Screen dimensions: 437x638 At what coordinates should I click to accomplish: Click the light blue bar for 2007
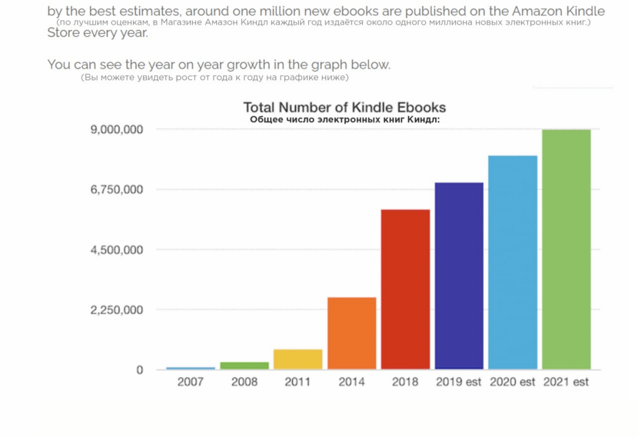(x=191, y=368)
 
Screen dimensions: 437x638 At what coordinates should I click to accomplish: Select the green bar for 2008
(x=245, y=365)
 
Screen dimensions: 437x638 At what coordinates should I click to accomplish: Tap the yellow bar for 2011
(x=298, y=359)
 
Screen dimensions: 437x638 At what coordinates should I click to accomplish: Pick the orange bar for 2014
(x=352, y=333)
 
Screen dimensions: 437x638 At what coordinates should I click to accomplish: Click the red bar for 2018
(x=405, y=289)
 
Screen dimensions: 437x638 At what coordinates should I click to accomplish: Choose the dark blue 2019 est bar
(x=459, y=276)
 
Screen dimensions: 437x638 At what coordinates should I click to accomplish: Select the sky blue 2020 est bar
(x=513, y=262)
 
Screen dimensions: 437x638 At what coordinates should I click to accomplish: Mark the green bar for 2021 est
(x=566, y=249)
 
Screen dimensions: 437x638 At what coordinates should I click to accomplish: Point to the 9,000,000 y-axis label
(x=117, y=129)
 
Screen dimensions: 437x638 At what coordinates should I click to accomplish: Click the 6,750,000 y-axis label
(x=117, y=189)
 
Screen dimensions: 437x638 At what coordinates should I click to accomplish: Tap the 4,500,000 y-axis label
(x=117, y=250)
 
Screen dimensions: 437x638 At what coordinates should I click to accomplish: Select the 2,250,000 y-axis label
(x=117, y=310)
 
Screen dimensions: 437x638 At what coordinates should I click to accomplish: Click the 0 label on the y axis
(x=140, y=370)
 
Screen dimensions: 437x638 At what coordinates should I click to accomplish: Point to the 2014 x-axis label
(x=352, y=382)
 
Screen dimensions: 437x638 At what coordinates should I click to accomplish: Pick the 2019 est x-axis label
(x=459, y=382)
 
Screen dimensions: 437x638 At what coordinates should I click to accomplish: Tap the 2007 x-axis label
(x=191, y=382)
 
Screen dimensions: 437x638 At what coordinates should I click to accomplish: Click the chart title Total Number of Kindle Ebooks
(x=345, y=107)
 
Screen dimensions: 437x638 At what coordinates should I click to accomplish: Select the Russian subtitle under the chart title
(x=345, y=119)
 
